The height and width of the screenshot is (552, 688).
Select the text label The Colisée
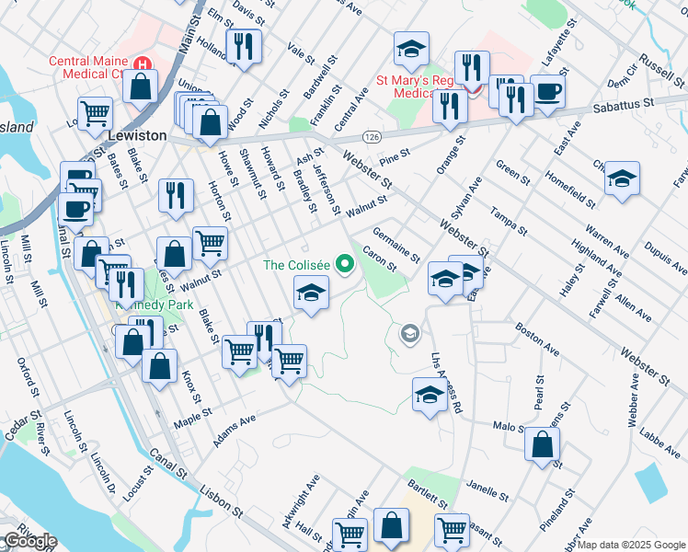click(x=296, y=265)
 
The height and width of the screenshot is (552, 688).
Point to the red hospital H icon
click(x=142, y=64)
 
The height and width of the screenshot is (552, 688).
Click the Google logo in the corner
click(x=30, y=541)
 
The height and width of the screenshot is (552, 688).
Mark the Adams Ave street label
click(x=234, y=430)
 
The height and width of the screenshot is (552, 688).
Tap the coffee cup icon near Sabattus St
click(x=548, y=91)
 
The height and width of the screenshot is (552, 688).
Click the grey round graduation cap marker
click(x=410, y=333)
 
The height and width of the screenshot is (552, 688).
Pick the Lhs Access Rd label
click(x=444, y=383)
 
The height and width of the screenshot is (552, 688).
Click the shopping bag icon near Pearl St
click(x=542, y=445)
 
